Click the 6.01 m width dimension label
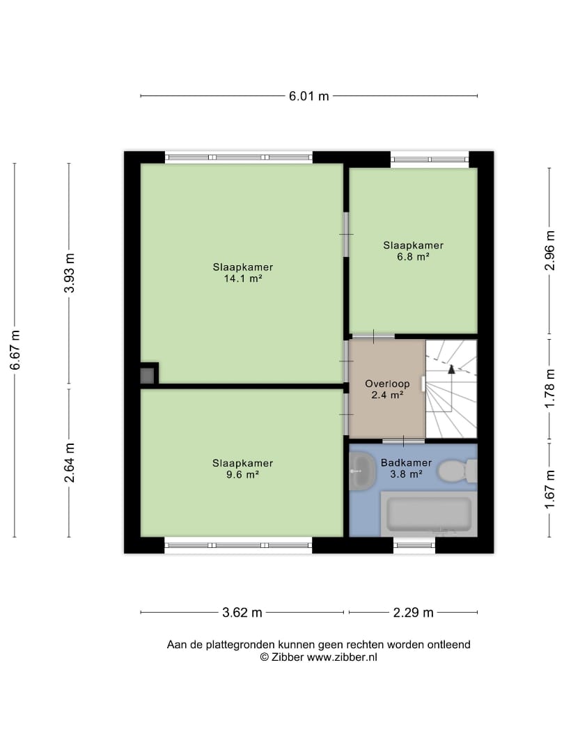point(309,96)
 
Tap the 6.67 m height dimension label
point(15,350)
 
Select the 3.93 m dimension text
point(70,272)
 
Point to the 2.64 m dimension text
point(70,462)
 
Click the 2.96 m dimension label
point(550,250)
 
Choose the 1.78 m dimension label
point(550,388)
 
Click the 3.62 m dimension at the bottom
point(242,613)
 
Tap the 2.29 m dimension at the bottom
point(414,613)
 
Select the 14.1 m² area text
point(243,279)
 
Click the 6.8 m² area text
point(413,256)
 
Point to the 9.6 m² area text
point(243,475)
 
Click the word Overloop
point(387,384)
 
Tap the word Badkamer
point(406,463)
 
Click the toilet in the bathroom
point(457,471)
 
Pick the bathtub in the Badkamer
point(429,514)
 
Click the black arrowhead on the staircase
point(451,369)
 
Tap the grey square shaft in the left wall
point(147,375)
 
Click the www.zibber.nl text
point(342,657)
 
